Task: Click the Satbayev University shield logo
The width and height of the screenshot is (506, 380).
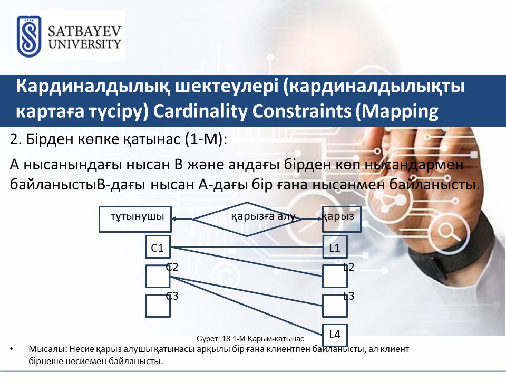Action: click(x=29, y=36)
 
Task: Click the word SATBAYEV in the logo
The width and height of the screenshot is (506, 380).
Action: click(x=84, y=31)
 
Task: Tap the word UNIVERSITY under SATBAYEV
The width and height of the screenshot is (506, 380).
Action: click(x=84, y=44)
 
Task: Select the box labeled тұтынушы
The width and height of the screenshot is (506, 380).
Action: click(x=135, y=220)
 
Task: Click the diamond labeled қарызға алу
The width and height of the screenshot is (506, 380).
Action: click(x=247, y=219)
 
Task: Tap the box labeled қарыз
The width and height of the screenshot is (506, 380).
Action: click(x=342, y=220)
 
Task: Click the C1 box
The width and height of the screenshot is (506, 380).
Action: click(x=158, y=247)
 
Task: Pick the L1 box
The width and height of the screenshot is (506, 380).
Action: click(x=335, y=247)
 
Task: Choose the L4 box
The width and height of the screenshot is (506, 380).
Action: click(x=335, y=335)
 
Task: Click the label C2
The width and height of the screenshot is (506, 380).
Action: click(x=172, y=267)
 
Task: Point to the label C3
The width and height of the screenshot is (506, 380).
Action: click(x=172, y=296)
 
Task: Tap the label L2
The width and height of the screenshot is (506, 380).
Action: click(x=349, y=267)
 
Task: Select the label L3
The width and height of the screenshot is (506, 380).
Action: click(x=349, y=296)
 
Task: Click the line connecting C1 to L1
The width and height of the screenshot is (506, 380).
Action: click(x=247, y=247)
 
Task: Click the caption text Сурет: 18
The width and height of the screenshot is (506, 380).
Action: click(x=213, y=339)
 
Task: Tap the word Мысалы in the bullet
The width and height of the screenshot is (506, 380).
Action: click(x=48, y=349)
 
